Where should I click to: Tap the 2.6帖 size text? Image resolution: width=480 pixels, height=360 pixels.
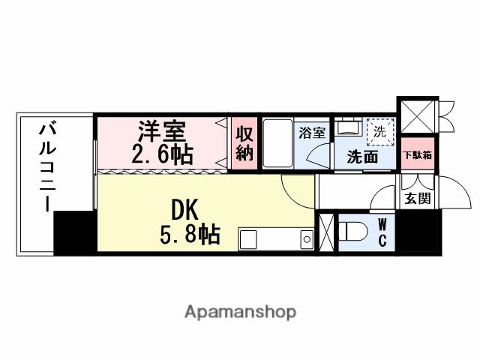point(163,155)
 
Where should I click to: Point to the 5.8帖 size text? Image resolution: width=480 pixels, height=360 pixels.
point(189,235)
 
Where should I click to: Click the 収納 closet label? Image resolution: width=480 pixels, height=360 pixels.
point(244,143)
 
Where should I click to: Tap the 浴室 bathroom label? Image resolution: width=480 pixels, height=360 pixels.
point(312,133)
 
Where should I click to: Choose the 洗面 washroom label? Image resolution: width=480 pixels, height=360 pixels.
point(361,157)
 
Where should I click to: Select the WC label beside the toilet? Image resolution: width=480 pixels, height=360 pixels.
point(382,231)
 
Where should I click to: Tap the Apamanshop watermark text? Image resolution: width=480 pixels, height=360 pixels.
point(240,311)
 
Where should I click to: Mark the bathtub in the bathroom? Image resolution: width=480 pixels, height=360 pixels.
point(277,142)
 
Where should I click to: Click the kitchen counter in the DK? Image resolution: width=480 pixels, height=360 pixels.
point(276,239)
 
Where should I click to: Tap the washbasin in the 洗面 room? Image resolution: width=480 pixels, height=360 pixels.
point(347,128)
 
